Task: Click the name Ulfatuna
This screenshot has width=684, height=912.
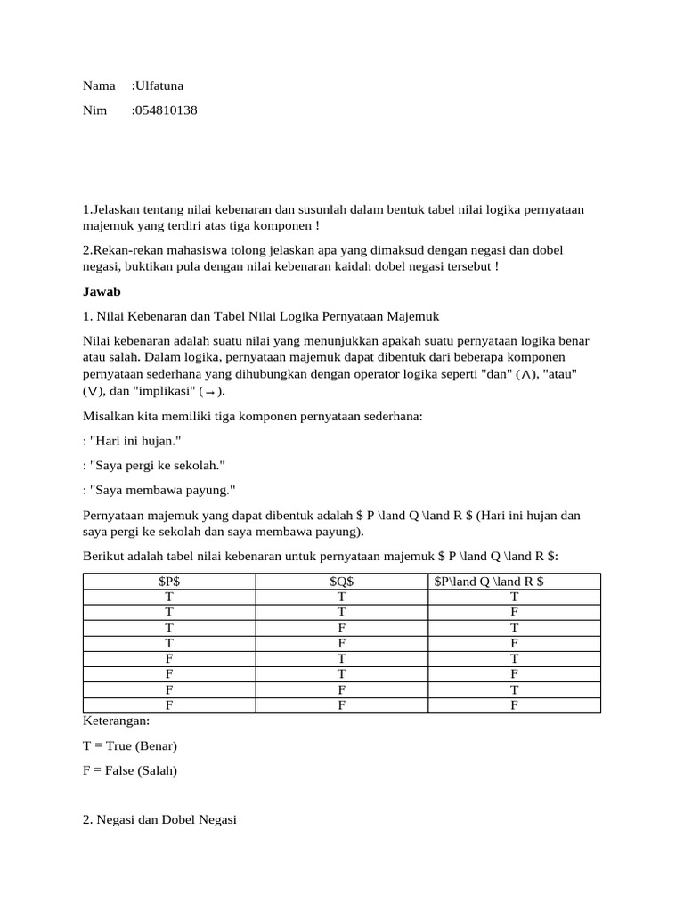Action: (x=159, y=86)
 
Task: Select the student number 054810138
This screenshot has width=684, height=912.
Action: (x=166, y=110)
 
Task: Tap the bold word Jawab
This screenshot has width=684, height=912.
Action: (x=102, y=291)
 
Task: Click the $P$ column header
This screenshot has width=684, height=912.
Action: (x=169, y=582)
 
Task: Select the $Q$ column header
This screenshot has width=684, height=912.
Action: (x=341, y=582)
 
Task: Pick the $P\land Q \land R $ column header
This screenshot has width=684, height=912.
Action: (x=514, y=582)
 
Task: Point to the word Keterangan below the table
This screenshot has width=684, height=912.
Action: (x=116, y=721)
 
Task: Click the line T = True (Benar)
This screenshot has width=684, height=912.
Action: (x=130, y=745)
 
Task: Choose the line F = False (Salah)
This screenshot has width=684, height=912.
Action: (x=130, y=769)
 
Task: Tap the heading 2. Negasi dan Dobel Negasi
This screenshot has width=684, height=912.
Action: (x=159, y=819)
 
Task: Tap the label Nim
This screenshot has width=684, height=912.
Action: (x=94, y=110)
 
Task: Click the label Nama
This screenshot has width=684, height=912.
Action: (x=99, y=86)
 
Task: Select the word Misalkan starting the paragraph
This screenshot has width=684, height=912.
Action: (x=109, y=417)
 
